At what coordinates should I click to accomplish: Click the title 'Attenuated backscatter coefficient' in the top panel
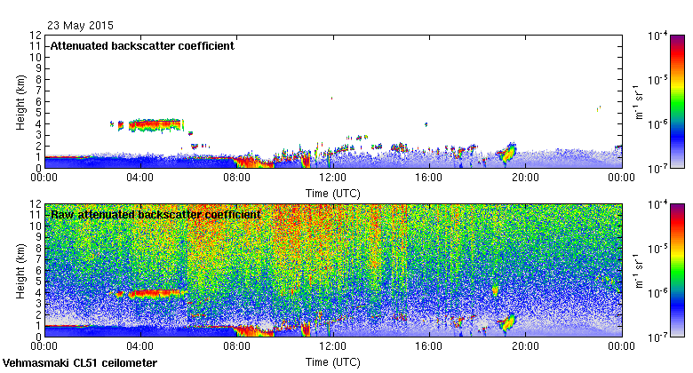[x=142, y=45]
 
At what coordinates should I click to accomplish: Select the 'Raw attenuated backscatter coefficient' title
[x=155, y=214]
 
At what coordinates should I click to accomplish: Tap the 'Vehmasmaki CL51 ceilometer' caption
[x=80, y=363]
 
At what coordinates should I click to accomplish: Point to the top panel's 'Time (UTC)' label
[x=332, y=192]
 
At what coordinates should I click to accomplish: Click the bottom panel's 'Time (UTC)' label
[x=332, y=362]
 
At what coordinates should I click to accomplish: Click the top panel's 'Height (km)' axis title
[x=19, y=101]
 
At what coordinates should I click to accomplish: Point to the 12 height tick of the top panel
[x=36, y=36]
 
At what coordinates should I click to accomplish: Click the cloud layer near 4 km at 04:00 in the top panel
[x=155, y=124]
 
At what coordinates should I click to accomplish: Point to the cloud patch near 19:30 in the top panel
[x=508, y=153]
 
